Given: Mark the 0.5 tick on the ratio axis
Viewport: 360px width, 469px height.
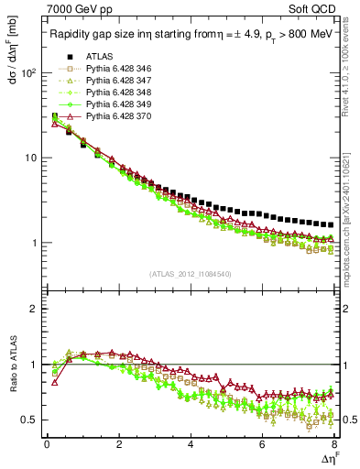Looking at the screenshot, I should click(x=27, y=420).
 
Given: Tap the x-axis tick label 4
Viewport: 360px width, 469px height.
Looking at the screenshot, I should click(x=190, y=445).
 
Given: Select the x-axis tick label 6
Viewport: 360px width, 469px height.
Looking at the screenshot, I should click(x=261, y=445).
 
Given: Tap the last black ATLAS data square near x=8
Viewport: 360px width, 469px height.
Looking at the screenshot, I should click(x=330, y=224).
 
